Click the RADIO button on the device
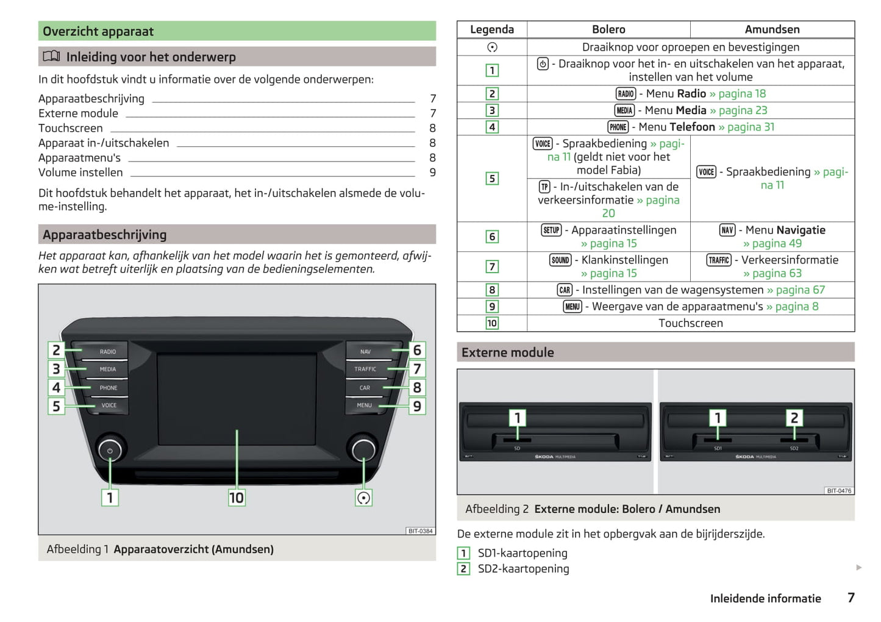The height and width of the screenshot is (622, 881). tap(107, 352)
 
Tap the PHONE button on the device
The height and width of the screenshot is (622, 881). tap(108, 388)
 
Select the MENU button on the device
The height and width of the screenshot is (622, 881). tap(365, 406)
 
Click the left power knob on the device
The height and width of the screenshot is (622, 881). tap(110, 451)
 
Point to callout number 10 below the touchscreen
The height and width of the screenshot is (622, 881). tap(237, 498)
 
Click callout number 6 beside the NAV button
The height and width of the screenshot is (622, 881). tap(417, 351)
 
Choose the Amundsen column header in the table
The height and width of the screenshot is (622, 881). tap(772, 29)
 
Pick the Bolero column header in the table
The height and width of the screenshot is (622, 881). tap(608, 29)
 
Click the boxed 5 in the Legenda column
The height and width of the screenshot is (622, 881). tap(492, 179)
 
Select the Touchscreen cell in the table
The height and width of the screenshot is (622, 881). tap(690, 323)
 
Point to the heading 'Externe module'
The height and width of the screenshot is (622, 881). tap(508, 352)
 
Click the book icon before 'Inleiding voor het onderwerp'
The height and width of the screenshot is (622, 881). tap(51, 57)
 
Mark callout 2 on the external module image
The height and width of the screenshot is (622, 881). tap(794, 418)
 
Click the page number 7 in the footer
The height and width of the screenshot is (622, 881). tap(851, 598)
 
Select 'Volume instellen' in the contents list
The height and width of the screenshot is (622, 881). tap(80, 173)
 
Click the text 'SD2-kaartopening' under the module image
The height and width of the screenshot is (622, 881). tap(523, 569)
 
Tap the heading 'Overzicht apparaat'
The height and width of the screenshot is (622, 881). tap(98, 32)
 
